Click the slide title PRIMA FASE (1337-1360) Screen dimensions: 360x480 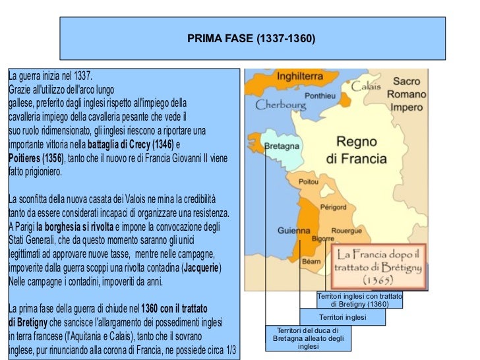251,40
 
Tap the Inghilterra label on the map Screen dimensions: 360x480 303,76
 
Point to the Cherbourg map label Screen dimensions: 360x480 281,104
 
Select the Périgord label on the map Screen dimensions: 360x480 333,207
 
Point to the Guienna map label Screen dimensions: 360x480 293,231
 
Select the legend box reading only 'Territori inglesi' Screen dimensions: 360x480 342,317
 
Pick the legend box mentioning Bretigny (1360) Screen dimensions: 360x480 359,300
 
